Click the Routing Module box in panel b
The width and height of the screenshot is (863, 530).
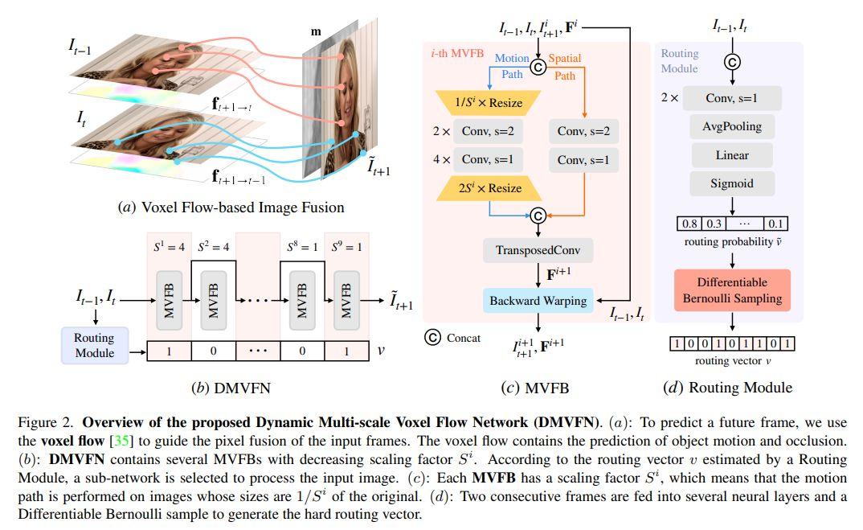click(x=94, y=345)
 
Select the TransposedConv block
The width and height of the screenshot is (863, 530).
click(x=538, y=250)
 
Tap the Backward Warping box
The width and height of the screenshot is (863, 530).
click(x=538, y=301)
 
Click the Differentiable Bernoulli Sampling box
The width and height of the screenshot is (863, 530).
click(x=732, y=290)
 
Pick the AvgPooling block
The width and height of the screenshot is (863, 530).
click(x=731, y=126)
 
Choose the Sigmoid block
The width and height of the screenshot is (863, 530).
click(x=731, y=183)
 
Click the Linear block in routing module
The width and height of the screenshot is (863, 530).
click(x=731, y=155)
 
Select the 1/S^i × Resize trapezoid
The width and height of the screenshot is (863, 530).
click(x=489, y=102)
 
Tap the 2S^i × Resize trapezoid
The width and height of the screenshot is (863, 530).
click(x=489, y=189)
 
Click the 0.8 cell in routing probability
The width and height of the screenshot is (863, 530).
click(x=689, y=224)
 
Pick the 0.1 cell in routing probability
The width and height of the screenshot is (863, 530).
click(x=775, y=224)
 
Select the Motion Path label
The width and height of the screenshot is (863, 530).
click(x=511, y=66)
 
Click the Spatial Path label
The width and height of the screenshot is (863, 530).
click(x=565, y=66)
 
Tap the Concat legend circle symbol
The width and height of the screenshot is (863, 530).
click(x=432, y=338)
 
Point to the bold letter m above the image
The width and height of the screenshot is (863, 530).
click(x=315, y=31)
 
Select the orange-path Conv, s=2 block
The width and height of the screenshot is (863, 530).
click(x=583, y=131)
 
